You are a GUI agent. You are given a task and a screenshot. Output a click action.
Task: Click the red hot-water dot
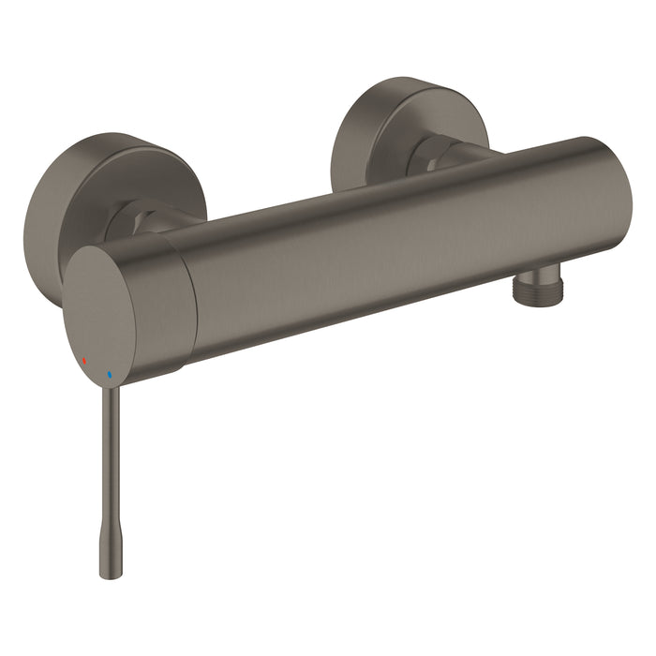84,360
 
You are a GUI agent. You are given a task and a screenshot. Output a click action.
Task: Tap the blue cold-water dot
110,374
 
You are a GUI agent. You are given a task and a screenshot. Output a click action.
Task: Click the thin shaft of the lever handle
108,450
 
